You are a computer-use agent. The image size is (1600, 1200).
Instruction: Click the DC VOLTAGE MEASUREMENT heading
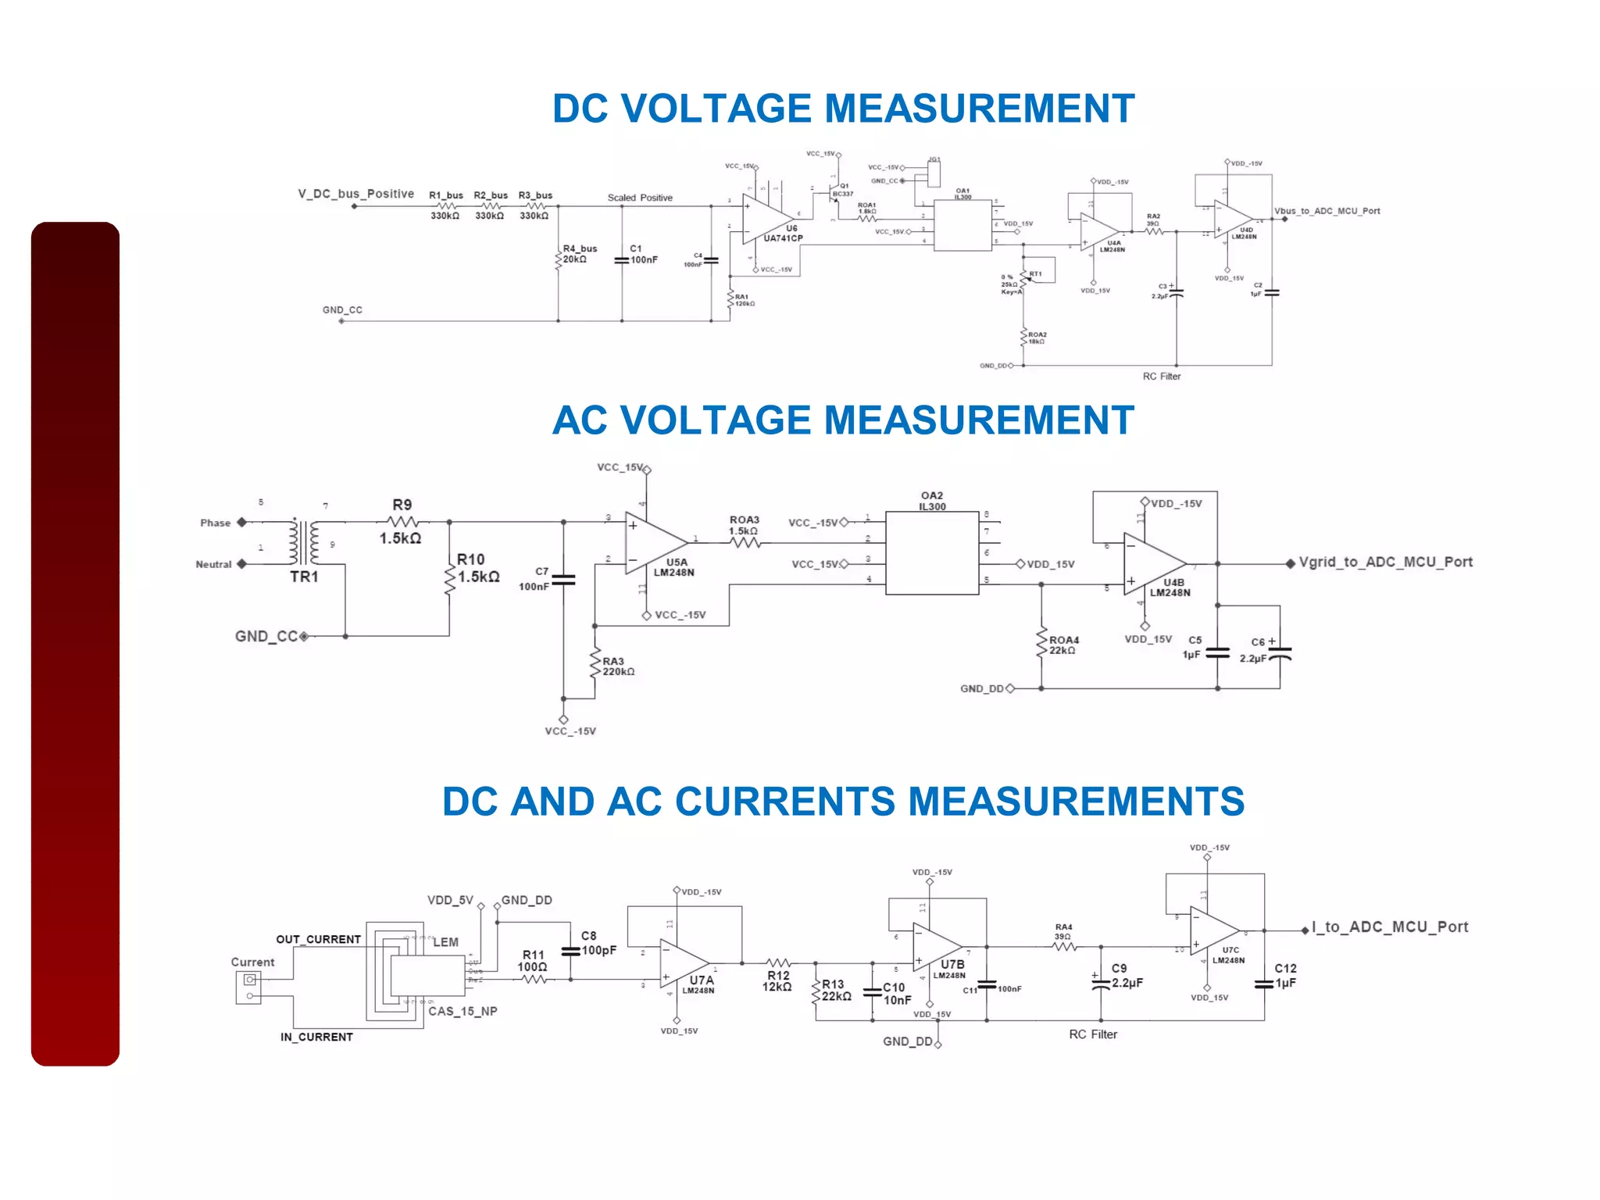(x=843, y=109)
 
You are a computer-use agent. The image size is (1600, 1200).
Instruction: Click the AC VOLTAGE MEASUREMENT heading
(x=843, y=420)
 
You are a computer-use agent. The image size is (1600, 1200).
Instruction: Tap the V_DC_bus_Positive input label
(x=355, y=194)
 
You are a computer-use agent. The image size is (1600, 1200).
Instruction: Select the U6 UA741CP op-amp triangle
(x=766, y=218)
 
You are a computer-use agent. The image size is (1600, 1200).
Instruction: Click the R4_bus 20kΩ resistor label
(x=579, y=254)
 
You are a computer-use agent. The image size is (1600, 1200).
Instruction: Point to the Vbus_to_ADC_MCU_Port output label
(x=1327, y=211)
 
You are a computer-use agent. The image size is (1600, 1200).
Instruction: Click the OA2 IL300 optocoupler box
(x=932, y=553)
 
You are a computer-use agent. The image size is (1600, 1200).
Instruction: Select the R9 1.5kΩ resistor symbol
(x=403, y=521)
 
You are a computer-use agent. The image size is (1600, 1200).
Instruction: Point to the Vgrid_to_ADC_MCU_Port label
(x=1385, y=562)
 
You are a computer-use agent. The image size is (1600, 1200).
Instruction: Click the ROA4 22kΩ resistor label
(x=1063, y=645)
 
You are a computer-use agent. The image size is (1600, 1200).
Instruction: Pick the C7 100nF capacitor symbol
(x=563, y=580)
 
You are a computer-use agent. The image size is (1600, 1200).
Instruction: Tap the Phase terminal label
(x=215, y=523)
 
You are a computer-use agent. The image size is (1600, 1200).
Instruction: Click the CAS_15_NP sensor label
(x=462, y=1011)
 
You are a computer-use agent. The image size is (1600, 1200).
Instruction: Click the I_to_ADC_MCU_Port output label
(x=1390, y=927)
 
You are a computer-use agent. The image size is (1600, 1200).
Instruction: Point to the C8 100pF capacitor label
(x=598, y=943)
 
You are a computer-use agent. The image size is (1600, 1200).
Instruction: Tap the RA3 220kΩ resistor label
(x=618, y=666)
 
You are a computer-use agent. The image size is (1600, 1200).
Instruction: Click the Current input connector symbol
(x=249, y=987)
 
